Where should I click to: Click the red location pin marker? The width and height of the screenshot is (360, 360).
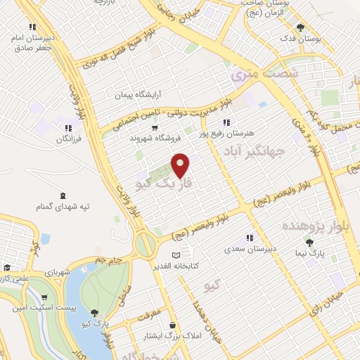click(181, 165)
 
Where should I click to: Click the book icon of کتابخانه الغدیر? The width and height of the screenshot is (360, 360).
click(176, 255)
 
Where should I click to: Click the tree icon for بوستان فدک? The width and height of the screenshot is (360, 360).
click(301, 28)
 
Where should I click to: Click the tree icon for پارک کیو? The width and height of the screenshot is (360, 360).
click(95, 313)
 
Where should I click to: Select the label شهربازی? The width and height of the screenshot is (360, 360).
click(59, 271)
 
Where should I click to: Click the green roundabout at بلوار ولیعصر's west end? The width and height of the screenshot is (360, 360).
click(146, 245)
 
